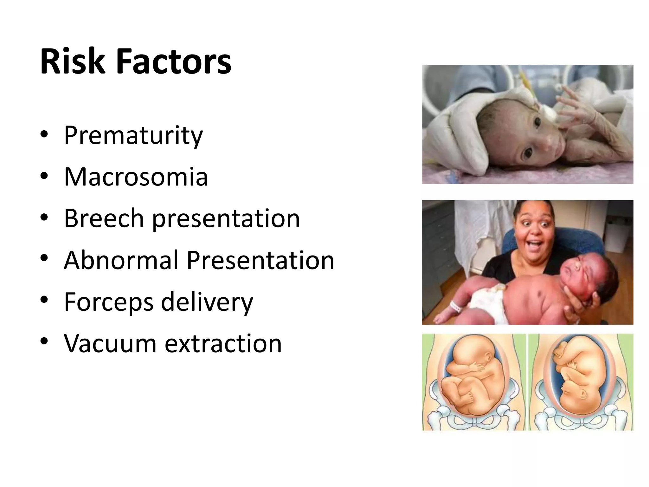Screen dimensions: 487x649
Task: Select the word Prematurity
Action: click(x=133, y=136)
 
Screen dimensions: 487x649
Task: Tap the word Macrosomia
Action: click(x=136, y=177)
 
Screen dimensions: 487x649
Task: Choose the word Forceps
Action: click(x=109, y=302)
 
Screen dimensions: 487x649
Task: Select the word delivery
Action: click(x=207, y=302)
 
